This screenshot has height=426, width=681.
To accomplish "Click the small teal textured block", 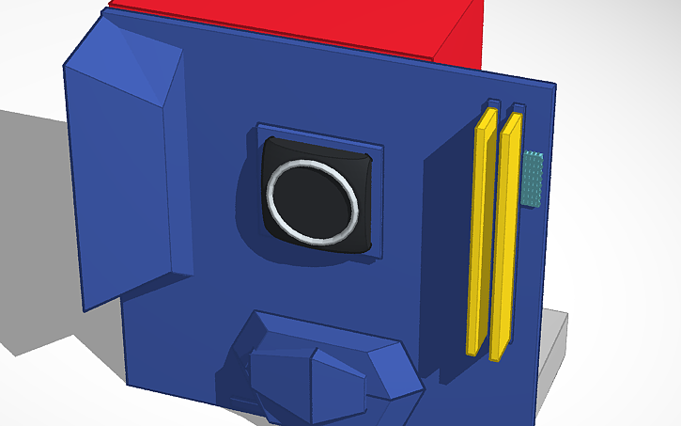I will click(x=534, y=179).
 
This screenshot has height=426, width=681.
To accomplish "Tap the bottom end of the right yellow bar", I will click(x=499, y=355).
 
